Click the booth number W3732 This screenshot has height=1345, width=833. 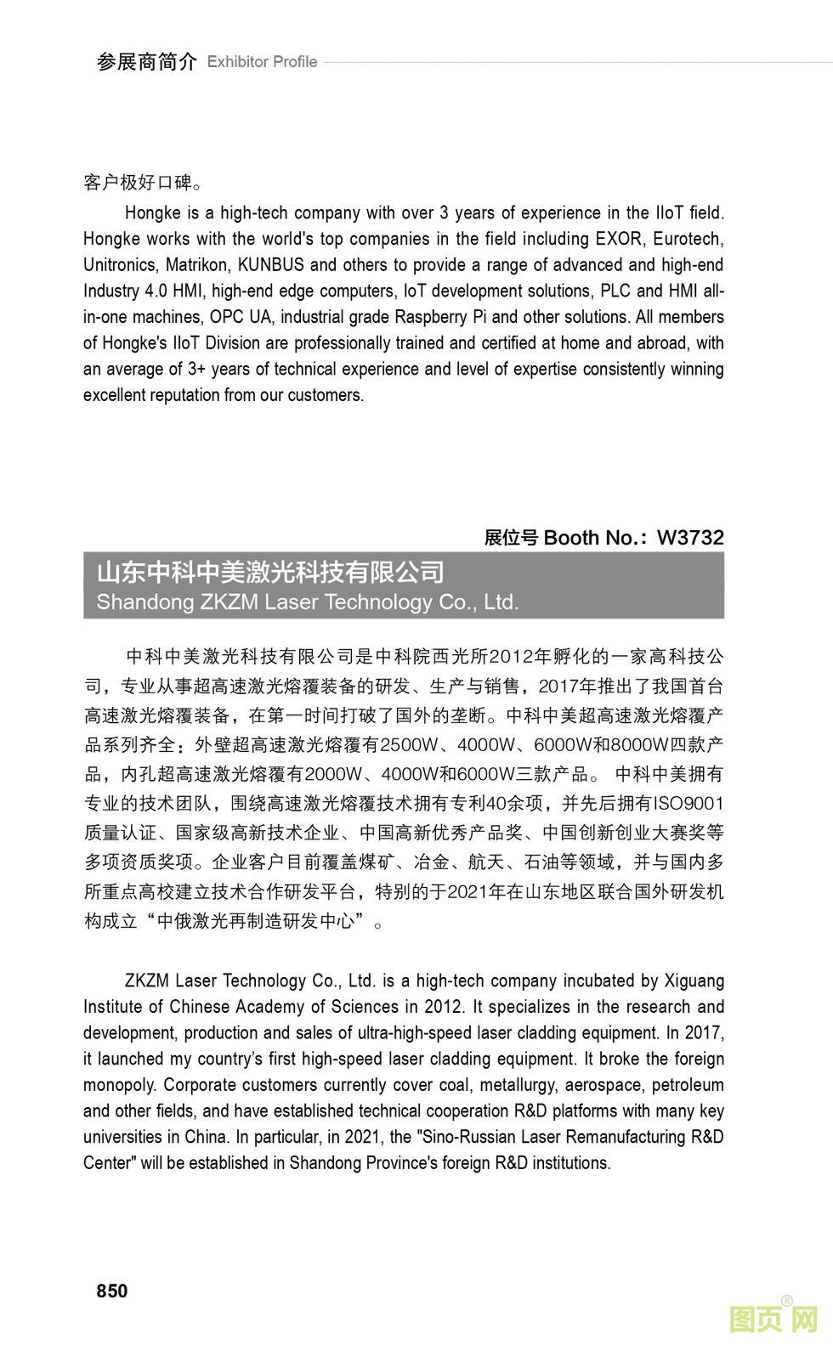tap(690, 537)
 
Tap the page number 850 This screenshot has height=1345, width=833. tap(112, 1291)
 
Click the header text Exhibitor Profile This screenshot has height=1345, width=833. tap(262, 62)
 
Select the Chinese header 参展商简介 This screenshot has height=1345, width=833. tap(146, 61)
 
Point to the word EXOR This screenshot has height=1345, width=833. tap(618, 239)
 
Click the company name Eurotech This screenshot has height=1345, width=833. tap(688, 239)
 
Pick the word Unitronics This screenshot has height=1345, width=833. tap(119, 265)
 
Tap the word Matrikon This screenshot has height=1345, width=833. tap(196, 265)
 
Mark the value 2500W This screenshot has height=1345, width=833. tap(408, 745)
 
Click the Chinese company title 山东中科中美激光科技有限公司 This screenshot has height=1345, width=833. tap(270, 572)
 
